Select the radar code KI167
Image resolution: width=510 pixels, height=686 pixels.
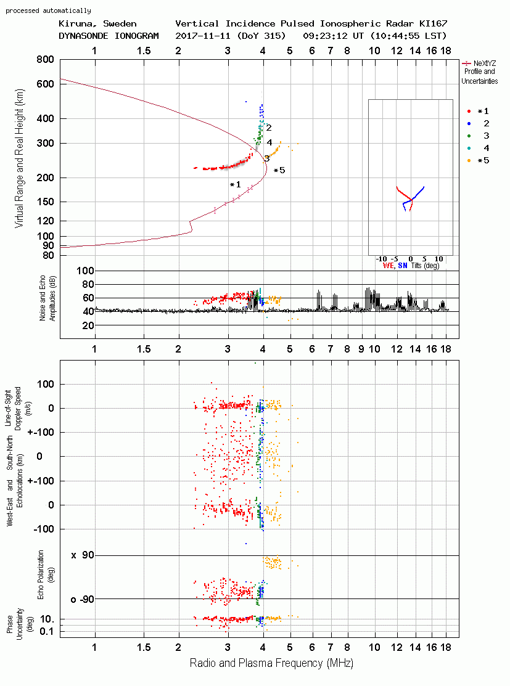click(434, 23)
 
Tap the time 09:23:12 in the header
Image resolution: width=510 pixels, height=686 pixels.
click(325, 36)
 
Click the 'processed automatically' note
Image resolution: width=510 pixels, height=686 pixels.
click(48, 10)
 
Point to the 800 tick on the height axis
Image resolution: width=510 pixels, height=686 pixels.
click(46, 59)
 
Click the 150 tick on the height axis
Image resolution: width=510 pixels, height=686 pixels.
click(46, 202)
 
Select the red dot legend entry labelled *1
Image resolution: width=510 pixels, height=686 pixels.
click(478, 111)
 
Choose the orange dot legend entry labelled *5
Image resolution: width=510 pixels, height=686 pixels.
click(478, 161)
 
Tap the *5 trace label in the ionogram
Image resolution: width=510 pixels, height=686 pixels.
click(279, 170)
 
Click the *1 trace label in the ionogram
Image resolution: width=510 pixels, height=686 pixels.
click(236, 185)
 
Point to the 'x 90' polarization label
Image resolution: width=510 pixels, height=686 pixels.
click(83, 555)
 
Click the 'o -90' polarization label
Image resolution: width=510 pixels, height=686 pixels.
click(83, 599)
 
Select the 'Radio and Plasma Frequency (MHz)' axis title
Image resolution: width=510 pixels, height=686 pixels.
click(271, 663)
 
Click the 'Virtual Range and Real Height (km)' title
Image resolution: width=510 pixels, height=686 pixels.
click(19, 158)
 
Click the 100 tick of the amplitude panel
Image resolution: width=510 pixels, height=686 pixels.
click(85, 271)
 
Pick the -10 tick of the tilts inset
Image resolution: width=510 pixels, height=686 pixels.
click(382, 259)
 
